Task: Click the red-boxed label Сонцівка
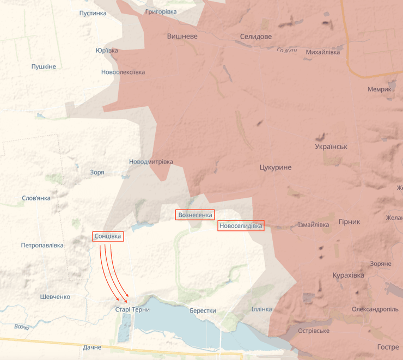108,236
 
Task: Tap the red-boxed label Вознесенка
195,215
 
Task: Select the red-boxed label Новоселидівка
241,225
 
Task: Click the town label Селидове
255,36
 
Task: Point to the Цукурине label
276,167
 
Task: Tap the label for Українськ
331,147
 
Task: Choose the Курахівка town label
348,275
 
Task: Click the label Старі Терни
132,309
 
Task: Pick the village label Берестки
203,310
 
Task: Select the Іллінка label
261,309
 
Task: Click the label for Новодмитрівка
151,162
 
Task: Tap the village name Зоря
97,172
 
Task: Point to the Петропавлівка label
42,245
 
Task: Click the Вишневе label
182,36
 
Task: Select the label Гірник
349,222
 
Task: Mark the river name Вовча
21,327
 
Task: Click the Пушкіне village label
44,66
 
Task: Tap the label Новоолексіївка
123,72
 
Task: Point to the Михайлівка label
323,52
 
